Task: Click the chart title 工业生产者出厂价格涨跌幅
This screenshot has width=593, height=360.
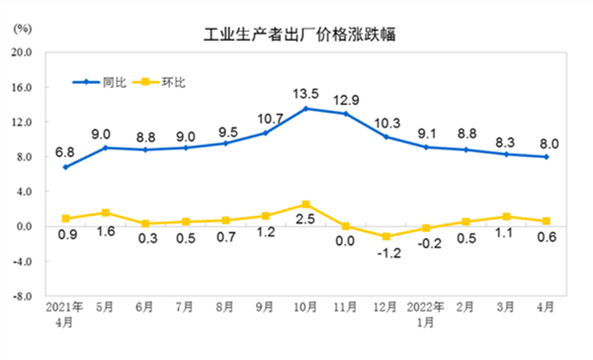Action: (x=299, y=34)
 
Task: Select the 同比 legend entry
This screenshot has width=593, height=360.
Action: (x=99, y=82)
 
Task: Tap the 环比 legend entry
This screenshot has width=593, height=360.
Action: (x=158, y=82)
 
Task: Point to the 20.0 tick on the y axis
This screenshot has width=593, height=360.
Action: (x=22, y=52)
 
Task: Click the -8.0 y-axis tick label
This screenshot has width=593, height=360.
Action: (x=23, y=296)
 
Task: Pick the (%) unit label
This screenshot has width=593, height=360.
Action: (x=23, y=29)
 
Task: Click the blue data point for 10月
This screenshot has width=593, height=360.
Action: (x=306, y=109)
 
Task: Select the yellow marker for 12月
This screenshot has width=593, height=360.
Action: (x=386, y=236)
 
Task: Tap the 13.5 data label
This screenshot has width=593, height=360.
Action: (x=306, y=94)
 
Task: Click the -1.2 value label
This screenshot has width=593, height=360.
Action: (x=389, y=252)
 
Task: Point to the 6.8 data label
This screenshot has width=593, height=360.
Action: (x=64, y=152)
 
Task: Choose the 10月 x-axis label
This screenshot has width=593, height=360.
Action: (x=305, y=307)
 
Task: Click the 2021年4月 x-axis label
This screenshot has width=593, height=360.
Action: (x=64, y=315)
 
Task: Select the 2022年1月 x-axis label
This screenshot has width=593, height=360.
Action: (x=425, y=315)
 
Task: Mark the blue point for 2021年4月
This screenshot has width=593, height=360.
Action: (x=66, y=167)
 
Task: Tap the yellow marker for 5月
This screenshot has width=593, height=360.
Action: (x=106, y=213)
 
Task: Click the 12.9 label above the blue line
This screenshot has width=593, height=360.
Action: (x=346, y=100)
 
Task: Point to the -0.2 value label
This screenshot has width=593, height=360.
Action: (x=430, y=243)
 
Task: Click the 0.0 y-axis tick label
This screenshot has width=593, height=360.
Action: (x=23, y=226)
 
